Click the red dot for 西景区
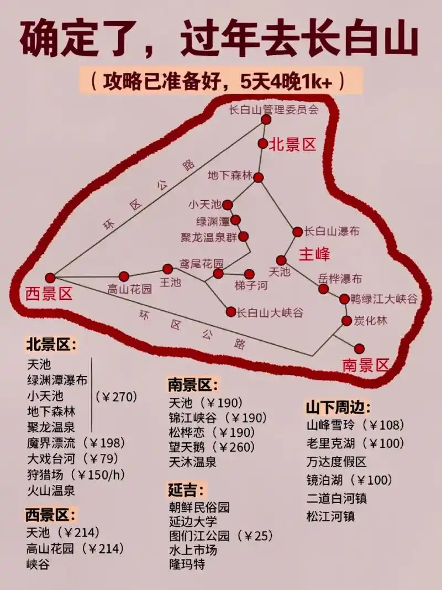(x=50, y=278)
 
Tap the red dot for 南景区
(x=360, y=348)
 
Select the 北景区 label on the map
(x=293, y=145)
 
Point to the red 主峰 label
(x=314, y=254)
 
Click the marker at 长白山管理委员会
(x=266, y=119)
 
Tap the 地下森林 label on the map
(x=230, y=176)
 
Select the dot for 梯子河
(x=249, y=274)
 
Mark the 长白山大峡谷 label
(x=270, y=313)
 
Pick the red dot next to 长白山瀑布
(x=297, y=232)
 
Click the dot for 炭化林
(x=346, y=321)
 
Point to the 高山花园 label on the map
(x=129, y=289)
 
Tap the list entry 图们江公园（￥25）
(x=221, y=535)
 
